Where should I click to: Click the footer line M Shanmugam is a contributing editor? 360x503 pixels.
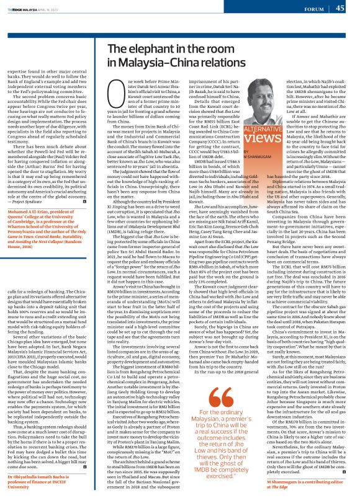(304, 481)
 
